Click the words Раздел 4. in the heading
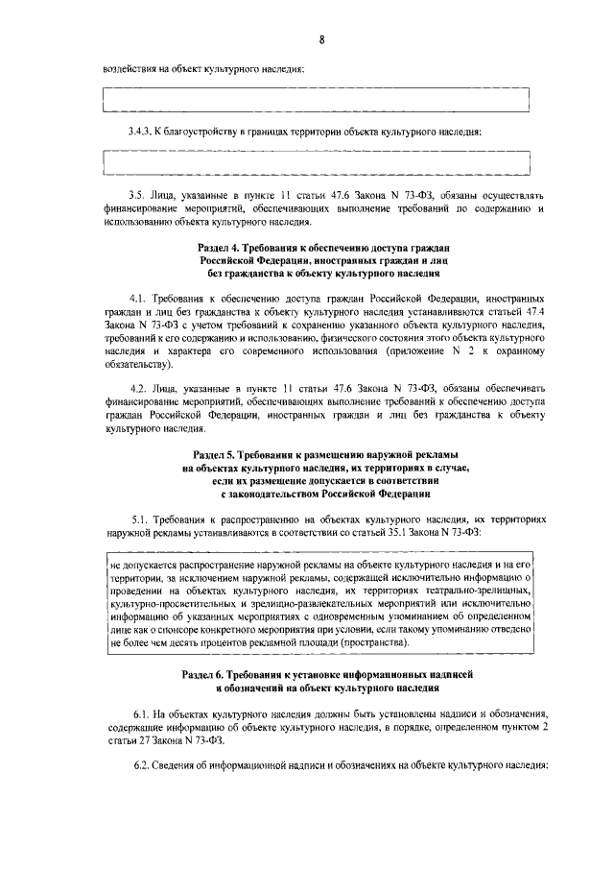219,249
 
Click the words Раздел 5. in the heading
217,453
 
